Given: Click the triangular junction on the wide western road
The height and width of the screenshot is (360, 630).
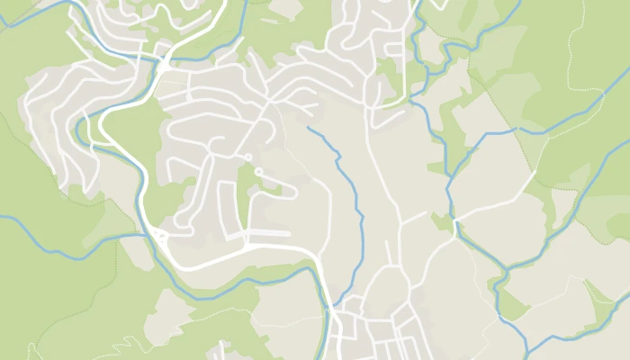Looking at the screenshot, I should click(160, 236).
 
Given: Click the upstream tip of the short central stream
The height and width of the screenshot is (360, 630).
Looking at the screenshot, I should click(309, 128).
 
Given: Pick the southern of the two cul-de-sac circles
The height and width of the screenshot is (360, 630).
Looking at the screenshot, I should click(259, 170).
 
